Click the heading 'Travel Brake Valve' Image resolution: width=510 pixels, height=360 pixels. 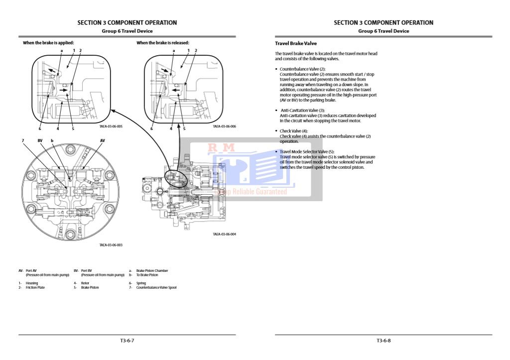pos(296,43)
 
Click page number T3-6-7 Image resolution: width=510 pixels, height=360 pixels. pos(127,341)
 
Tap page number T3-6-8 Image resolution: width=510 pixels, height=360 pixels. pos(383,341)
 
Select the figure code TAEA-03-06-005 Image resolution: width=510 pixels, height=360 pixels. pos(111,126)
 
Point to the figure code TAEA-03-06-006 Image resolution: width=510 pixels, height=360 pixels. pos(224,126)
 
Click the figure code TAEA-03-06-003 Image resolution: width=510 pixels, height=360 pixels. pos(111,245)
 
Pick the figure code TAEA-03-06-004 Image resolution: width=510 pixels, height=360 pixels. pos(224,234)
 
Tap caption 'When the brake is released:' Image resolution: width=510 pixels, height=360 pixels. pos(163,43)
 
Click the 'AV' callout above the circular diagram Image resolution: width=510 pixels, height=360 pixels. pos(103,141)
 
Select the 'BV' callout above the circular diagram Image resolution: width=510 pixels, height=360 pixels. pos(40,141)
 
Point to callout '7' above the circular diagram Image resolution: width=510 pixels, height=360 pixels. pos(23,141)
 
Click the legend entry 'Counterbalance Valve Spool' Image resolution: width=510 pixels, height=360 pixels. pos(156,287)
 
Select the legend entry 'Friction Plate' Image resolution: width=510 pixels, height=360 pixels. pos(35,287)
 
